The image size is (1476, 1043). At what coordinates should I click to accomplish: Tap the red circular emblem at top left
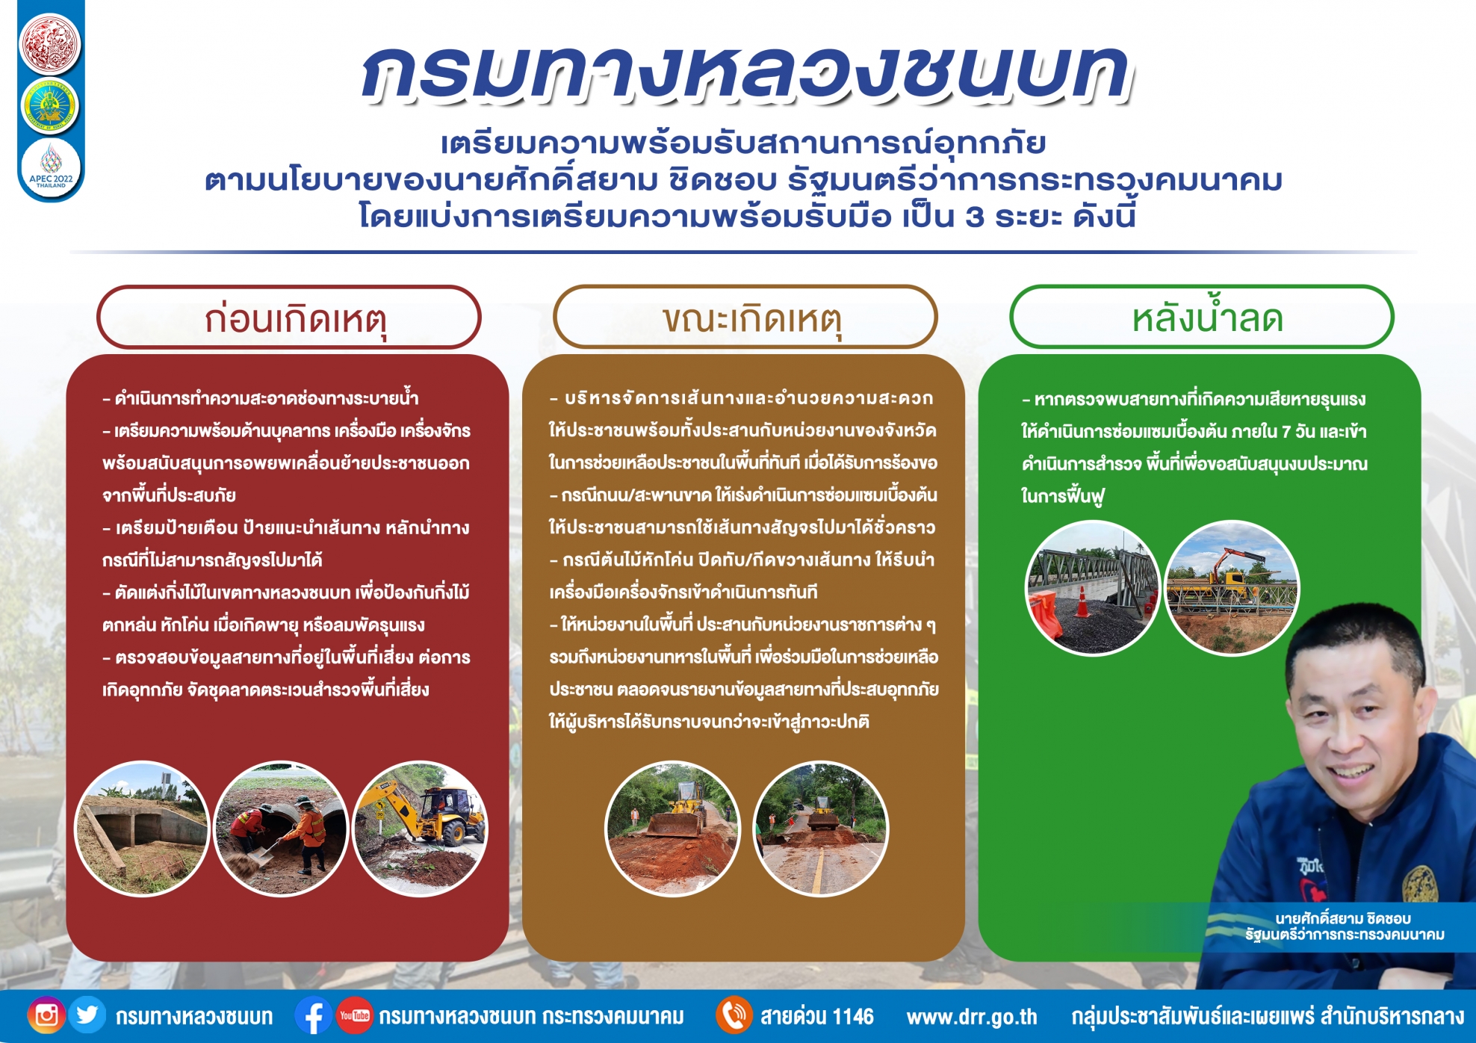(x=50, y=43)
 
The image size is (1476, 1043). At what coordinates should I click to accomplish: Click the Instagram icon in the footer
(x=46, y=1015)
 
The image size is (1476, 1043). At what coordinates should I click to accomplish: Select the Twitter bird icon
(x=87, y=1015)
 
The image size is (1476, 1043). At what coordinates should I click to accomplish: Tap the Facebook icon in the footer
(x=313, y=1016)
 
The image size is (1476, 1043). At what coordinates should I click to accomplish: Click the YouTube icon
(x=354, y=1016)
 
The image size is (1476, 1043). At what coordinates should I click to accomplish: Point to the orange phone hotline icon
(x=734, y=1016)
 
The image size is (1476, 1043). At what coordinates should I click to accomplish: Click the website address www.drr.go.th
(x=972, y=1017)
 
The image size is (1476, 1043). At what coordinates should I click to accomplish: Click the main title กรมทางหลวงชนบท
(x=747, y=73)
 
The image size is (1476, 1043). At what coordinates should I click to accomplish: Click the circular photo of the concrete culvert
(x=142, y=829)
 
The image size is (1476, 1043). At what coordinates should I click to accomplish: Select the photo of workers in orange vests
(x=282, y=829)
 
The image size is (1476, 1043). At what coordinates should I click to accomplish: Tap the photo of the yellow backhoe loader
(x=421, y=829)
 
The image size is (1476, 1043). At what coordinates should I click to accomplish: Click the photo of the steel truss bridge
(x=1093, y=588)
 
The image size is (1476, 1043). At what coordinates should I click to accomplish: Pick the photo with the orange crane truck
(x=1232, y=588)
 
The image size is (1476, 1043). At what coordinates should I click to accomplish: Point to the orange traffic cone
(x=1081, y=601)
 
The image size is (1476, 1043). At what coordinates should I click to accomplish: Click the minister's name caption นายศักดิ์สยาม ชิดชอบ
(x=1342, y=918)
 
